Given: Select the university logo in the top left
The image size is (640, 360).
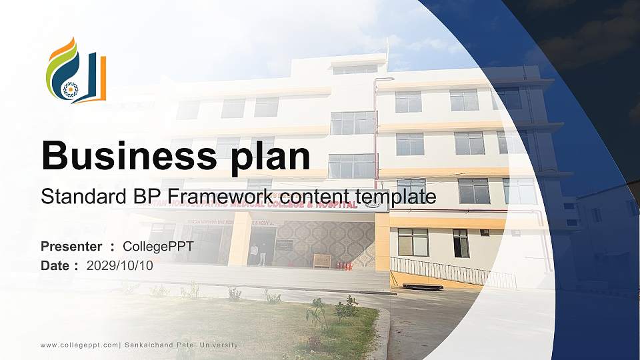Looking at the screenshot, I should [x=75, y=70].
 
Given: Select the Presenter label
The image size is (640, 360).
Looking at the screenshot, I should [x=71, y=247].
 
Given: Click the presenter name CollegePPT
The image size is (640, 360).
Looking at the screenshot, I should [x=158, y=247].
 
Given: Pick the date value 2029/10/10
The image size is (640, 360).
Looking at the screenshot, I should [x=120, y=265].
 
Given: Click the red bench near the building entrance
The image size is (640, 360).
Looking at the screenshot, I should [x=344, y=265].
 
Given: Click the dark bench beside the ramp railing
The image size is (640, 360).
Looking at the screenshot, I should [x=423, y=286].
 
